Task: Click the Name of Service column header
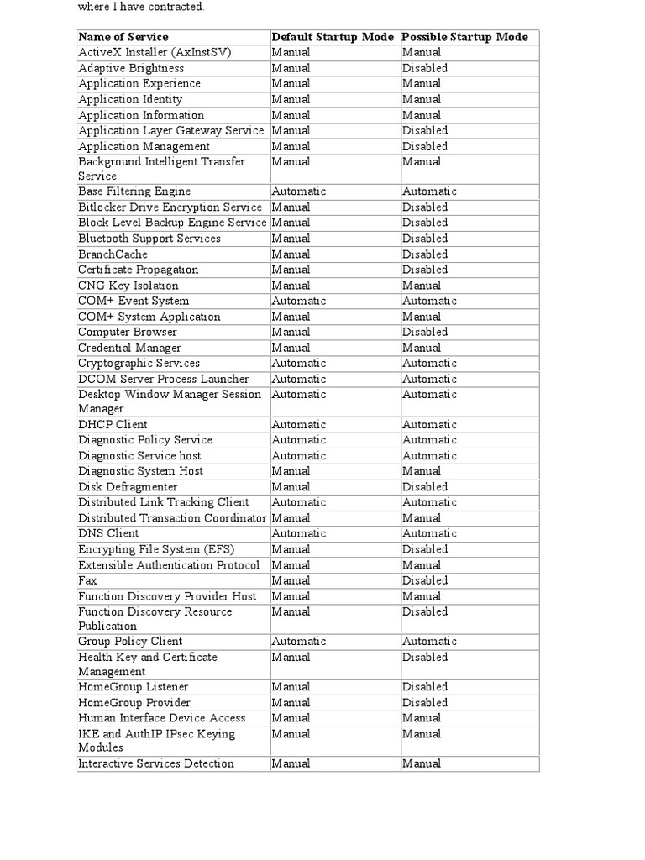[123, 37]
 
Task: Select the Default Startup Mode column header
[333, 37]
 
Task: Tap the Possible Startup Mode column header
[464, 37]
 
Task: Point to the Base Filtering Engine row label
[134, 191]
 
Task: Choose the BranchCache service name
[113, 254]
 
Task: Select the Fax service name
[87, 580]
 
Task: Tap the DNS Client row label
[108, 533]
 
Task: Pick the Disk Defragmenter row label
[128, 487]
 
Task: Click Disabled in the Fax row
[424, 580]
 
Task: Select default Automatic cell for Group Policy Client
[298, 642]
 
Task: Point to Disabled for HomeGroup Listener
[424, 687]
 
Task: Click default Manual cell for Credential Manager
[291, 348]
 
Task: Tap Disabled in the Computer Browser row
[424, 333]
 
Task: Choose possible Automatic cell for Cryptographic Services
[428, 364]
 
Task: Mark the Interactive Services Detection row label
[156, 763]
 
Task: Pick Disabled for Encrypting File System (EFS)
[424, 549]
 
